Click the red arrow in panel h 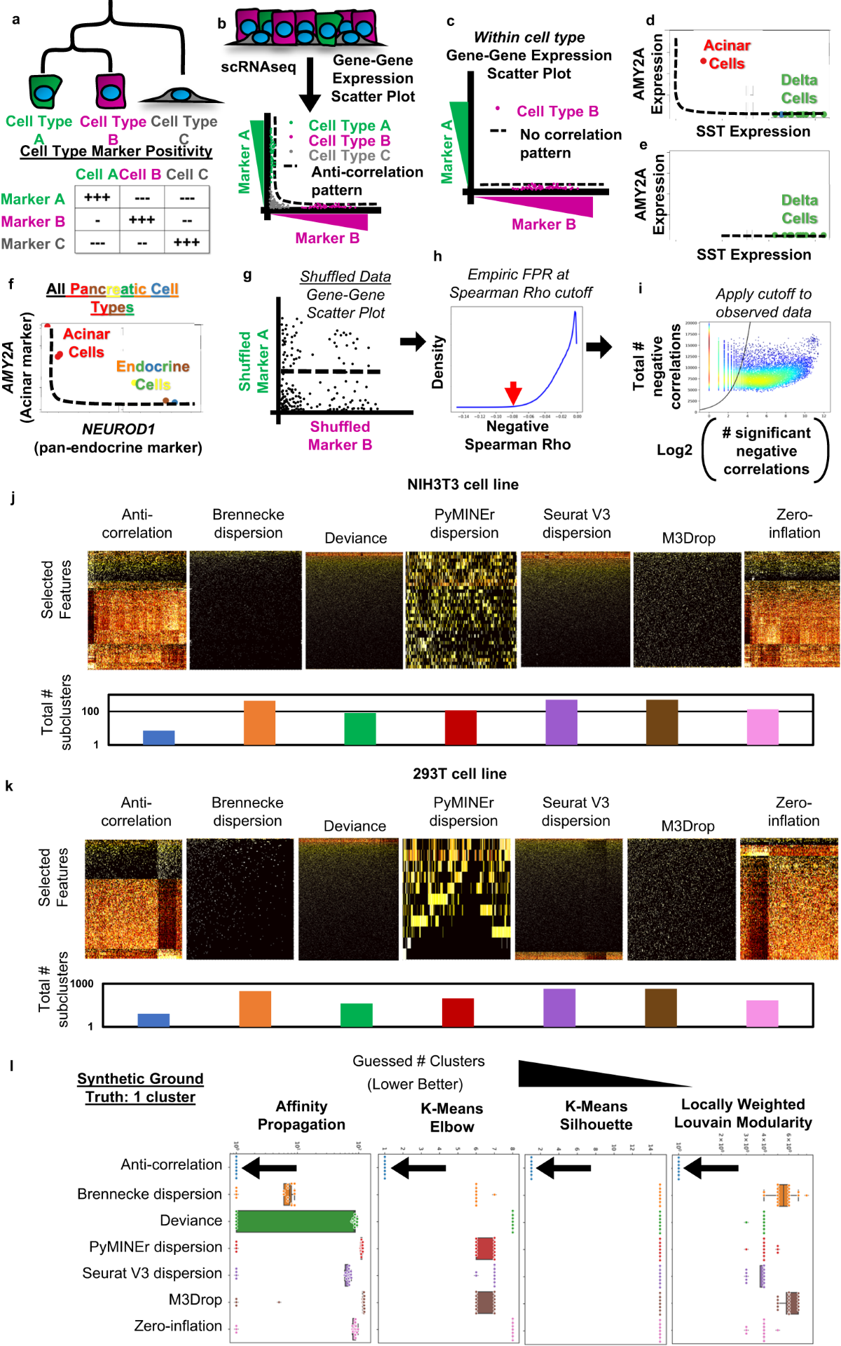click(514, 393)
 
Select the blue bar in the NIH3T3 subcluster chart click(158, 737)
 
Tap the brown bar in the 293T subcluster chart click(661, 1007)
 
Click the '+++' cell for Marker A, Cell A click(97, 198)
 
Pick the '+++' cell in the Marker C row click(186, 243)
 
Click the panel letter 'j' click(13, 498)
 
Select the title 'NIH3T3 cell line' click(463, 484)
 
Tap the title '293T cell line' click(459, 774)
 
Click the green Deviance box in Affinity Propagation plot click(296, 1221)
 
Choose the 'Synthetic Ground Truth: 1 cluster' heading click(140, 1088)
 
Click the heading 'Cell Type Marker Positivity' click(116, 151)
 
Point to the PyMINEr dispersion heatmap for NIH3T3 click(461, 609)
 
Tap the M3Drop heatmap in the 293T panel click(681, 899)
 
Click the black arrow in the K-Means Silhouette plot click(563, 1168)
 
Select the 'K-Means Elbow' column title click(452, 1117)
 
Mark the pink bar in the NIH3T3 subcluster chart click(763, 727)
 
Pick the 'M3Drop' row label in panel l click(195, 1300)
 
